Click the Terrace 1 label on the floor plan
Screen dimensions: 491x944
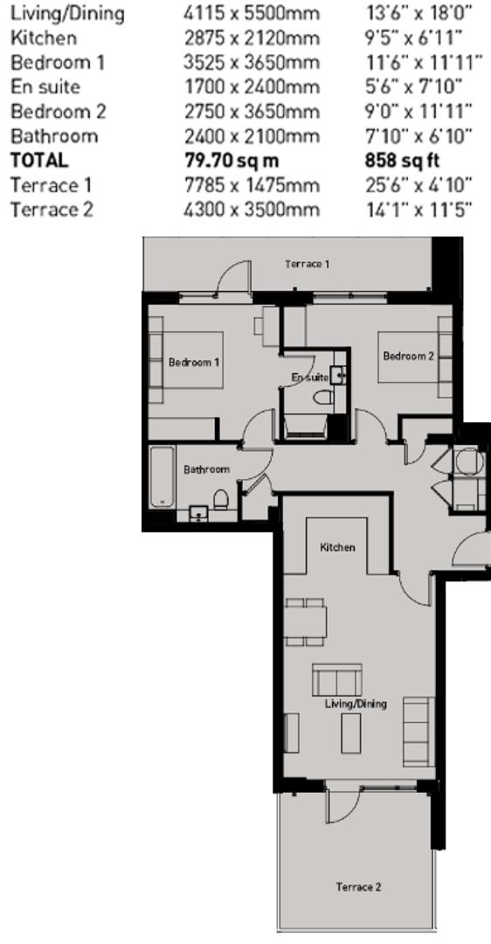coord(307,264)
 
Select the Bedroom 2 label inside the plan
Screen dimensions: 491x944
coord(408,356)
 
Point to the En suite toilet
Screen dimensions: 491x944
coord(324,397)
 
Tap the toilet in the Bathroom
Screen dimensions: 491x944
coord(221,499)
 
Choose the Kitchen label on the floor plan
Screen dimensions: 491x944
coord(337,547)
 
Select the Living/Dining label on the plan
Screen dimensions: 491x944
coord(356,703)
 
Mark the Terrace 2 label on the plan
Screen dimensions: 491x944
coord(358,887)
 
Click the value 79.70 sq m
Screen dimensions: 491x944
coord(232,161)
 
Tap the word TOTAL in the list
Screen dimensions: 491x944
coord(39,161)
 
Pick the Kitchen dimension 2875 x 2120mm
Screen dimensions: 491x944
coord(252,38)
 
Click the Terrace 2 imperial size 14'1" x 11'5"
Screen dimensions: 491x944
coord(418,210)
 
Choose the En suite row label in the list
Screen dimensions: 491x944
coord(45,87)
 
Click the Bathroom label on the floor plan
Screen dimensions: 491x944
coord(206,469)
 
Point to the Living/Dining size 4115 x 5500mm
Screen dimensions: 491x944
coord(252,13)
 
